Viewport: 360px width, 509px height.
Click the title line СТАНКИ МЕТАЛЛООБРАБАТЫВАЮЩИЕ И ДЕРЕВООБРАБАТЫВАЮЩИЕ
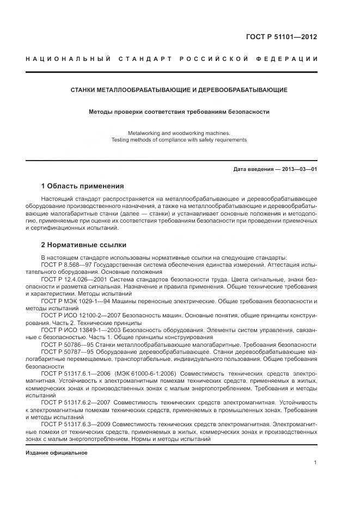pos(179,90)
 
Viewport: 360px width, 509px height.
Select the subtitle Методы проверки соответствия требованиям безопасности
pos(179,112)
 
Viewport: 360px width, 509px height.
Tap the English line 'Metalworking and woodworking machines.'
pos(179,133)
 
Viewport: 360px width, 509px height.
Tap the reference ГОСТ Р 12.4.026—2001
pos(73,279)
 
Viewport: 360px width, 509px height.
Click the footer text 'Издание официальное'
pos(57,452)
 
